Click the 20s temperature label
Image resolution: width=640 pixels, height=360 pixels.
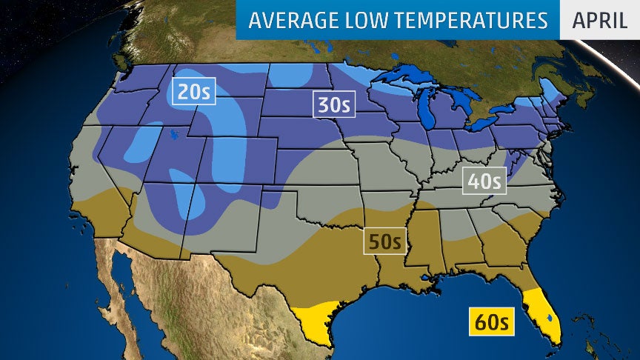[193, 91]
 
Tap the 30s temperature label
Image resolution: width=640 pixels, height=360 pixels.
[334, 104]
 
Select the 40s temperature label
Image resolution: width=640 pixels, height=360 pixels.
[484, 180]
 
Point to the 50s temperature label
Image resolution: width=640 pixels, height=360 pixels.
[385, 241]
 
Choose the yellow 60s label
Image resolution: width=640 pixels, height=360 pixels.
[492, 322]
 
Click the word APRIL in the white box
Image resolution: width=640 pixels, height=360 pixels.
[600, 20]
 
